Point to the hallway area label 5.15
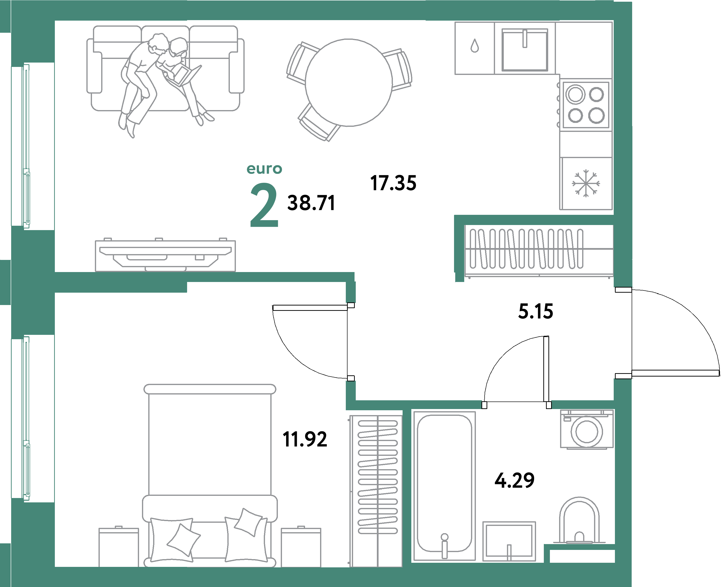(535, 311)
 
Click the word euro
(264, 169)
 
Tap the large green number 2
(264, 205)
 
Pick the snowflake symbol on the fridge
(586, 183)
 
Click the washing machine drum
(587, 432)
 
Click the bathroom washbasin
(509, 541)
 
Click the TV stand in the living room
(165, 256)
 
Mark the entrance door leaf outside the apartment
(675, 373)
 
